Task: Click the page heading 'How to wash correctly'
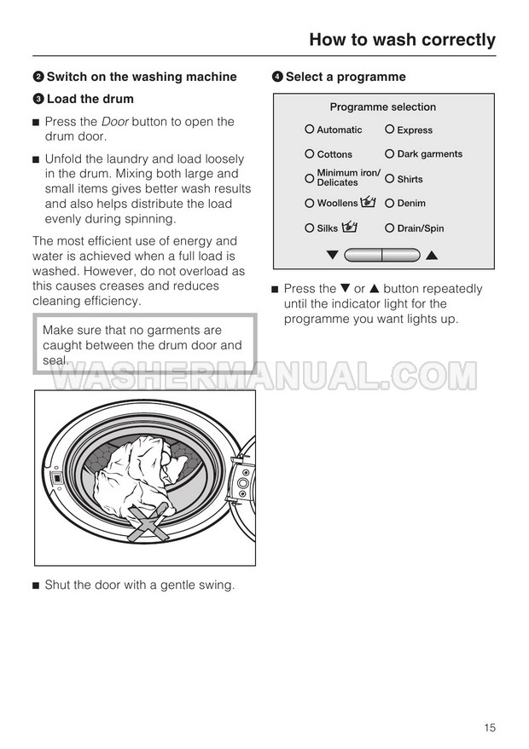402,40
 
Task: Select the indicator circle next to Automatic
310,130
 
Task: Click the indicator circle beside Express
389,130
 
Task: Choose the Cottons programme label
334,155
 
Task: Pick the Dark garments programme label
429,154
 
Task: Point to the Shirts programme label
410,180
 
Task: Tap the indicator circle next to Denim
389,203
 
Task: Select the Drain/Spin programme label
420,228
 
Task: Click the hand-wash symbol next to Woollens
369,203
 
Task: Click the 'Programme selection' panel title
382,107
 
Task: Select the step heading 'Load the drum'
90,100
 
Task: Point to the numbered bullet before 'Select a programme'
277,77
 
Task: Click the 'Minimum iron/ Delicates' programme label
348,178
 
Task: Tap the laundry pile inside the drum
137,477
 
